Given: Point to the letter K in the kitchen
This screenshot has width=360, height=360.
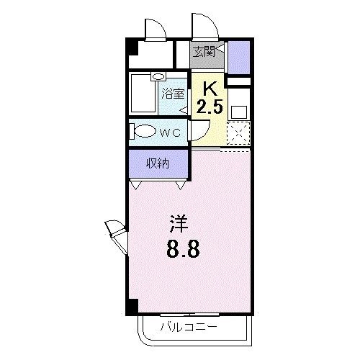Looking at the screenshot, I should tap(209, 89).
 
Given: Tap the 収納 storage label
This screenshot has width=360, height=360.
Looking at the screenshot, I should tap(158, 163).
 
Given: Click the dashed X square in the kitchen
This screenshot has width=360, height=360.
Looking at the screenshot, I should tap(238, 134).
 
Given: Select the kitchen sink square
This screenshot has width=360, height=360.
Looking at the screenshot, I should tap(239, 112).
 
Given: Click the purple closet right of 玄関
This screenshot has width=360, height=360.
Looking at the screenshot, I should tap(238, 57).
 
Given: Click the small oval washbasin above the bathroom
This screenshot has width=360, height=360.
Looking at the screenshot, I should tap(158, 76).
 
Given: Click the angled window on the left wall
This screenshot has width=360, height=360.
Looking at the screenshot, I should tap(116, 232).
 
